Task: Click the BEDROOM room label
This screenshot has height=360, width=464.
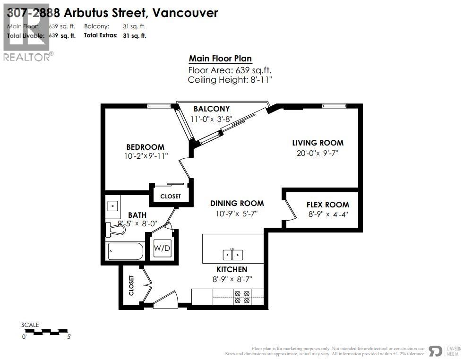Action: pyautogui.click(x=145, y=147)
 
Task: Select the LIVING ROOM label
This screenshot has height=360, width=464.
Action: pyautogui.click(x=318, y=143)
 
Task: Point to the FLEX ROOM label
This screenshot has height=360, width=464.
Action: pyautogui.click(x=327, y=205)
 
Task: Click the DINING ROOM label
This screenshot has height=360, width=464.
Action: pyautogui.click(x=237, y=203)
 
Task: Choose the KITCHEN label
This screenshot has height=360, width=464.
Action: pyautogui.click(x=232, y=269)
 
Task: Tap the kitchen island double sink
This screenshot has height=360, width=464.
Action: pyautogui.click(x=232, y=255)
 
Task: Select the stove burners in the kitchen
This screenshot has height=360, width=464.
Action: pyautogui.click(x=242, y=297)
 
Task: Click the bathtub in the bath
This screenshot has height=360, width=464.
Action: pyautogui.click(x=125, y=251)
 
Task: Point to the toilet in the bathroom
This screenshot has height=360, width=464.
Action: pyautogui.click(x=116, y=230)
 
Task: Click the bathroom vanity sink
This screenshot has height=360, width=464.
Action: pyautogui.click(x=112, y=206)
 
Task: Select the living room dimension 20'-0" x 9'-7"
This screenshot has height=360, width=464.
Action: pyautogui.click(x=318, y=153)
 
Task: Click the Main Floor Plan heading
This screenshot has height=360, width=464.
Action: pyautogui.click(x=220, y=59)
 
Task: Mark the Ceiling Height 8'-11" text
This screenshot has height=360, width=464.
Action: pyautogui.click(x=230, y=79)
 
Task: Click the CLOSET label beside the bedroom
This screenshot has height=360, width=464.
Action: pyautogui.click(x=170, y=197)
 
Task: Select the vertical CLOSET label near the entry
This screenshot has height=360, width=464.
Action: pyautogui.click(x=131, y=286)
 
